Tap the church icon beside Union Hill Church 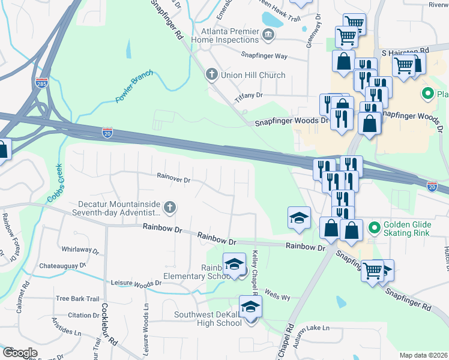point(211,74)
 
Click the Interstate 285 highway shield point(41,83)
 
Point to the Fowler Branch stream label point(134,86)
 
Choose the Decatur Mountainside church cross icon point(170,208)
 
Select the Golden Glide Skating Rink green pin point(374,227)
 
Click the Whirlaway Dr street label point(80,249)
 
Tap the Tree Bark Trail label point(77,298)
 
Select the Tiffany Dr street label point(249,96)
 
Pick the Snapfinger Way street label point(264,56)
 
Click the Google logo point(20,353)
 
